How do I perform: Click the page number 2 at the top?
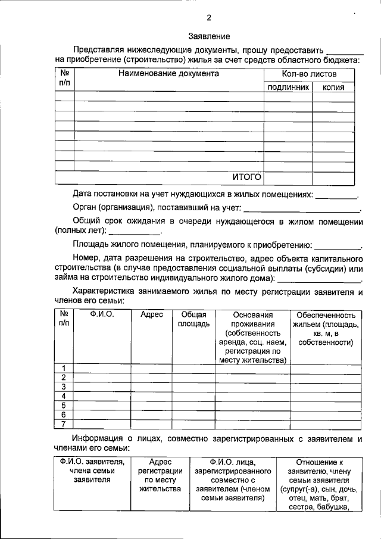click(x=209, y=17)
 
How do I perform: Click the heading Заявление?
click(x=209, y=37)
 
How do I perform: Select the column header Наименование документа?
click(x=168, y=74)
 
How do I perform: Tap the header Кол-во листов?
click(x=309, y=74)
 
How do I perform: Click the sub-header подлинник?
click(x=288, y=88)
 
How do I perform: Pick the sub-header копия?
click(x=333, y=88)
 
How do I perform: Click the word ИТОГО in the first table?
click(x=246, y=177)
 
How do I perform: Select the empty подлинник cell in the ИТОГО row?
click(x=288, y=177)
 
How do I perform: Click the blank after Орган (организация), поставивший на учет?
click(x=302, y=208)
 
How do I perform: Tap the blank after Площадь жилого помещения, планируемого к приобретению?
click(x=337, y=245)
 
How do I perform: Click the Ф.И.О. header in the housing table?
click(x=102, y=314)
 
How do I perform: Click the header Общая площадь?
click(x=193, y=319)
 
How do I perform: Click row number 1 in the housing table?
click(x=63, y=367)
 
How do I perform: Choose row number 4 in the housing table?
click(x=63, y=396)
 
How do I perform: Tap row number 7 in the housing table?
click(x=63, y=424)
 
